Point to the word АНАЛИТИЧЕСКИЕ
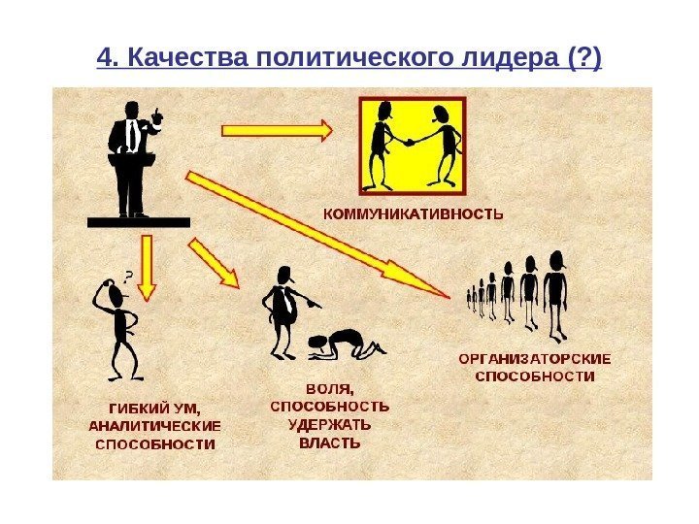(x=155, y=426)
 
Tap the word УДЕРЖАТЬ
(x=328, y=424)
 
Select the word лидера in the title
(x=511, y=60)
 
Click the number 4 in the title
(x=106, y=60)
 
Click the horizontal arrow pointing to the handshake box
(x=278, y=128)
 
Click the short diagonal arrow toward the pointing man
(x=213, y=263)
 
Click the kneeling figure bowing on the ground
(x=340, y=342)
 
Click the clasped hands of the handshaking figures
(x=409, y=142)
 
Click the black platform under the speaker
(x=139, y=222)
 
